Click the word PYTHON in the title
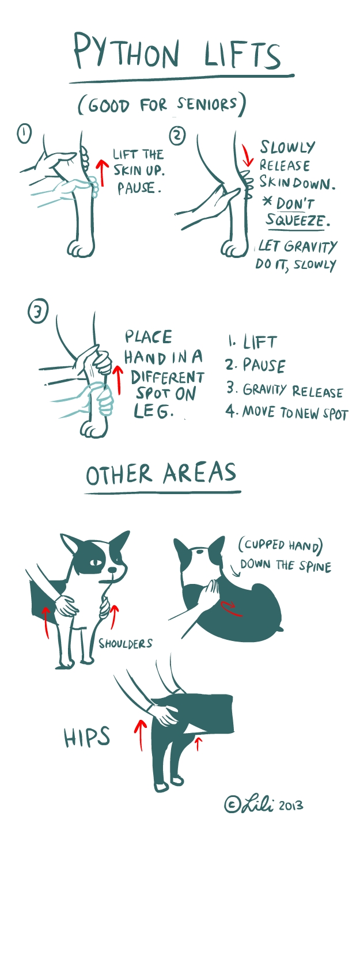(126, 51)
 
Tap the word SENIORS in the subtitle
(207, 104)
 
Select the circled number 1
(24, 134)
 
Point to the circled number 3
(38, 312)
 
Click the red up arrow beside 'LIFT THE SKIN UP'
(101, 172)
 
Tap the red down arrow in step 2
(247, 155)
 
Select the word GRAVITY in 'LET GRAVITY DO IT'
(310, 247)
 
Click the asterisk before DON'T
(268, 202)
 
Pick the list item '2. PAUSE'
(255, 366)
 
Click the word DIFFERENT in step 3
(168, 377)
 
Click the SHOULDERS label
(126, 643)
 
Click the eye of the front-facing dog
(96, 562)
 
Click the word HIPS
(87, 737)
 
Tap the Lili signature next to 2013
(257, 805)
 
